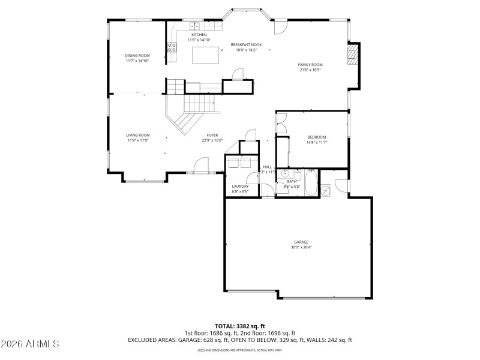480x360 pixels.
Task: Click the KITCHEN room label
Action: point(199,35)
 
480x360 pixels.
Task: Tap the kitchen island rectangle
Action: point(203,55)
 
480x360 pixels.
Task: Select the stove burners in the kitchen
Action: point(172,48)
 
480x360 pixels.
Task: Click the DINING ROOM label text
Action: point(137,55)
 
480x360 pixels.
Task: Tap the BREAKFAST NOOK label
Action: point(246,45)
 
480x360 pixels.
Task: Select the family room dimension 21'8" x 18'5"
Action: point(310,70)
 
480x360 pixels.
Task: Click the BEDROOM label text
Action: point(316,137)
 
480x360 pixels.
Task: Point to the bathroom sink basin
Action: point(286,174)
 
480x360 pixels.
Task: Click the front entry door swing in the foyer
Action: point(202,165)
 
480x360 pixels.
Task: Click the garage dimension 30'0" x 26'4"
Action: point(301,247)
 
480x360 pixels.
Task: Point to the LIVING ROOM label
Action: point(137,135)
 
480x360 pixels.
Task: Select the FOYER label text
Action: point(212,135)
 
